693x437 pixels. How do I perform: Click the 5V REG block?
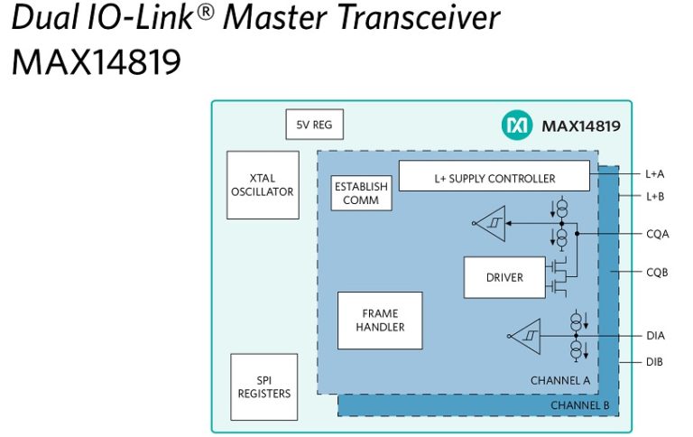coord(314,125)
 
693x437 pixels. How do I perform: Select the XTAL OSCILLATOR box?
coord(262,185)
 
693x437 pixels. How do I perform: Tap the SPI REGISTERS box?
coord(263,386)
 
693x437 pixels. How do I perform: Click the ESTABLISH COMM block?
coord(361,193)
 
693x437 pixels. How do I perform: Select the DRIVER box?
coord(504,277)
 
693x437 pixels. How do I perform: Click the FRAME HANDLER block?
coord(380,321)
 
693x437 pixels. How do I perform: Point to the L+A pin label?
coord(655,173)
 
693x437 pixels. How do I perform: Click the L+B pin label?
coord(655,196)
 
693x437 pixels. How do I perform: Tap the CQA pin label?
coord(657,234)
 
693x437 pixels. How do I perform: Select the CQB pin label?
coord(657,272)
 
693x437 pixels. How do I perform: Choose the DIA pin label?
coord(655,336)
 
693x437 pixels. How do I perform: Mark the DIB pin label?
coord(655,361)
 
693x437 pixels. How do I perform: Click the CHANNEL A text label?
coord(559,381)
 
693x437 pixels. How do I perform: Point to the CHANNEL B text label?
coord(579,405)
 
